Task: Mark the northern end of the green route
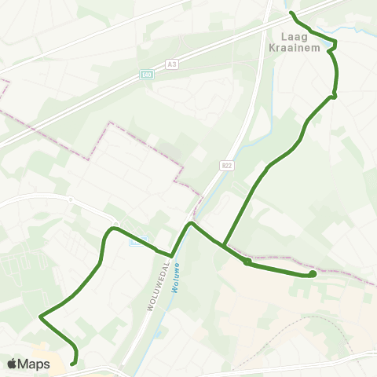[x=292, y=13]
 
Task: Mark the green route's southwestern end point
[x=73, y=364]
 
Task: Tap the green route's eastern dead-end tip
[x=313, y=274]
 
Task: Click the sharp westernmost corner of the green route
[x=39, y=317]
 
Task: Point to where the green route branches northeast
[x=224, y=246]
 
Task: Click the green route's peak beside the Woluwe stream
[x=190, y=224]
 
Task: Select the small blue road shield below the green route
[x=134, y=241]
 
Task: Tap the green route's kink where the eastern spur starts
[x=247, y=262]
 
